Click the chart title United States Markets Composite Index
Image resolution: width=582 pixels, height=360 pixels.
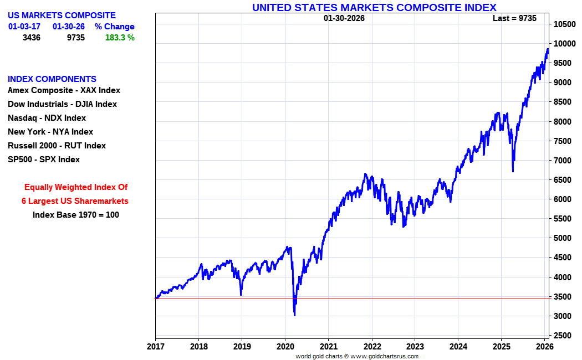[374, 7]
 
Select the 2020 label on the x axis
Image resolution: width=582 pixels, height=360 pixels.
[285, 347]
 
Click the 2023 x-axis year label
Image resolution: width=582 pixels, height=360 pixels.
[415, 347]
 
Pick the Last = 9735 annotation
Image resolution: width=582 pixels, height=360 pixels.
[514, 18]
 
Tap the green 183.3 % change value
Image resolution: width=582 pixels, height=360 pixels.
[120, 38]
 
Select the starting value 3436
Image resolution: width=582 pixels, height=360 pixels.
[32, 38]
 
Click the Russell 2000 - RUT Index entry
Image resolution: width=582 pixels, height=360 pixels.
[57, 146]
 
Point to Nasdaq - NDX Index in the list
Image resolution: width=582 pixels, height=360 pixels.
[47, 118]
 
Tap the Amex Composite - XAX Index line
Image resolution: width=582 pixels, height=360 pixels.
[64, 90]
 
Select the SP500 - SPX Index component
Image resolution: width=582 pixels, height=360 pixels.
[44, 160]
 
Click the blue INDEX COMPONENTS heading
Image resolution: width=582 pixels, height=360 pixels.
[52, 79]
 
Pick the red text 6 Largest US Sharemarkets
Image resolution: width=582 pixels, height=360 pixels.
[75, 201]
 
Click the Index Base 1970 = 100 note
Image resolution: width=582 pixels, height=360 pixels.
[76, 215]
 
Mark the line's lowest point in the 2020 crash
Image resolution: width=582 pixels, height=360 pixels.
[294, 315]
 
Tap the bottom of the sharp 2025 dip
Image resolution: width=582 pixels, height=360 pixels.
[513, 171]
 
